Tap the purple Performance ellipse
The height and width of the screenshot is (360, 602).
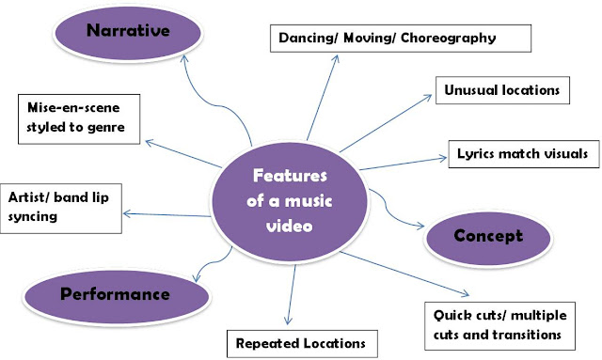[x=115, y=293]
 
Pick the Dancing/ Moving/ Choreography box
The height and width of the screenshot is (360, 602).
[x=401, y=39]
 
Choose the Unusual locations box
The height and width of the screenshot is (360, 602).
[x=503, y=91]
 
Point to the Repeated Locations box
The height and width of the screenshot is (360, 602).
[x=303, y=343]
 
